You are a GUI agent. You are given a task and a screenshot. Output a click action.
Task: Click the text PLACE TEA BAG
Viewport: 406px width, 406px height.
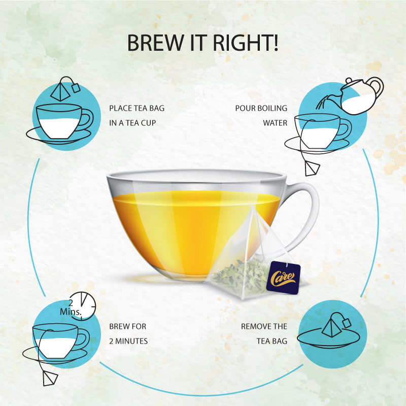tap(137, 108)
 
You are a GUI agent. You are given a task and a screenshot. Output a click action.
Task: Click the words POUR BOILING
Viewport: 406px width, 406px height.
tap(261, 108)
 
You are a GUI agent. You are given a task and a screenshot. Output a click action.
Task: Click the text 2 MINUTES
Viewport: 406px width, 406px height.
tap(128, 341)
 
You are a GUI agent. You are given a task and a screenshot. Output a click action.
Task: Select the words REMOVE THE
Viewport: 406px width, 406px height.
tap(264, 327)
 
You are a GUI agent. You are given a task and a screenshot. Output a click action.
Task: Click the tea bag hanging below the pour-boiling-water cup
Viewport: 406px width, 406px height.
tap(310, 167)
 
